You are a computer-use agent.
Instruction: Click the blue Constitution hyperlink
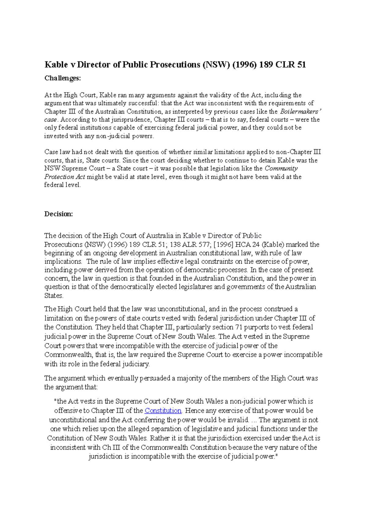tap(163, 410)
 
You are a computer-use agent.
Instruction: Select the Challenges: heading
tap(63, 78)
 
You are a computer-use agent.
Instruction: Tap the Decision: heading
tap(59, 214)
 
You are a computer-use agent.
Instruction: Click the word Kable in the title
tap(56, 64)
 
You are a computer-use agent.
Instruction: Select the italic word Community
tap(281, 168)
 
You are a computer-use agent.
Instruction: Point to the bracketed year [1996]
tap(223, 245)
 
